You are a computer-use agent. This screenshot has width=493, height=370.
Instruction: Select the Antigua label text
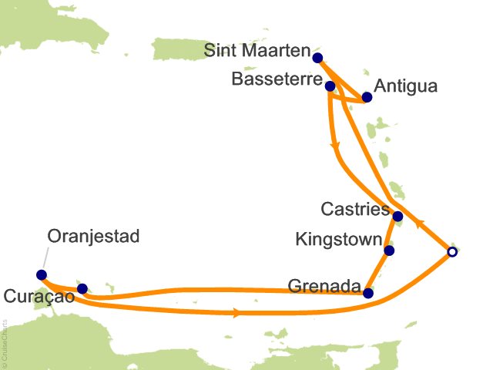click(404, 86)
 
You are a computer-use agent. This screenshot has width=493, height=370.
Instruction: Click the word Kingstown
click(338, 240)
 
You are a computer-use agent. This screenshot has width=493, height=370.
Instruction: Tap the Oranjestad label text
click(93, 236)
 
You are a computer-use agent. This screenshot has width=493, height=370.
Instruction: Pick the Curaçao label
click(39, 297)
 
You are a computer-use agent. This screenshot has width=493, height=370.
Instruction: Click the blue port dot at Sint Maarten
click(317, 56)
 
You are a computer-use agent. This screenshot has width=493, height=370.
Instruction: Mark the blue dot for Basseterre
click(330, 86)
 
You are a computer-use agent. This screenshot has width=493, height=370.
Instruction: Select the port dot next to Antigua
click(367, 98)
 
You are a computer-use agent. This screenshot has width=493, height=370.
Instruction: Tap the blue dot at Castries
click(397, 217)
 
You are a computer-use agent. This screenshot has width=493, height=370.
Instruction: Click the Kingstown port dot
click(389, 251)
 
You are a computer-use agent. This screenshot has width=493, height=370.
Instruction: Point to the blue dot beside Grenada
click(368, 293)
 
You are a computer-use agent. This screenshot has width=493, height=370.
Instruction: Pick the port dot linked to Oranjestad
click(42, 274)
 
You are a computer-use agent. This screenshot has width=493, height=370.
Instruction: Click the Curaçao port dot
click(82, 288)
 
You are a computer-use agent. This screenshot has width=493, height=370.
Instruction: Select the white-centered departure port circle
click(452, 251)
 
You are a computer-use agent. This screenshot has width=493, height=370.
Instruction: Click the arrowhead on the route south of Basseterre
click(334, 146)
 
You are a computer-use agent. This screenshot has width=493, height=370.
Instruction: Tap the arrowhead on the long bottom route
click(234, 313)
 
